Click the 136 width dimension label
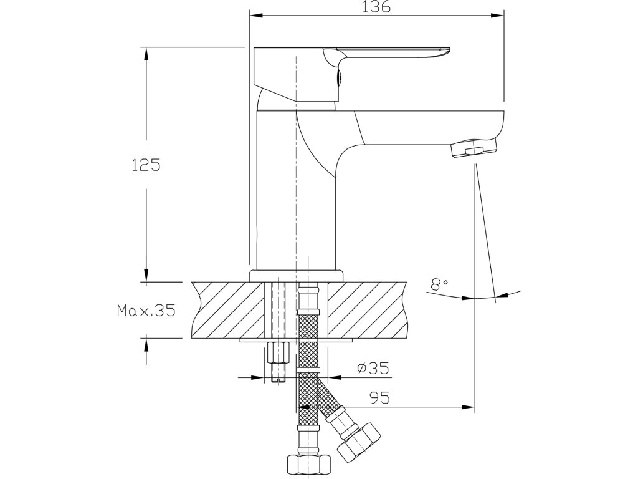(376, 7)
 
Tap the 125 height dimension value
(147, 165)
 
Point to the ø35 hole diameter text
(373, 369)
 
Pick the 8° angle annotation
(440, 285)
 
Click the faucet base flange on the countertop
(297, 276)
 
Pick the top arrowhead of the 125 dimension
(146, 53)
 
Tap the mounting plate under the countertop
(297, 341)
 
